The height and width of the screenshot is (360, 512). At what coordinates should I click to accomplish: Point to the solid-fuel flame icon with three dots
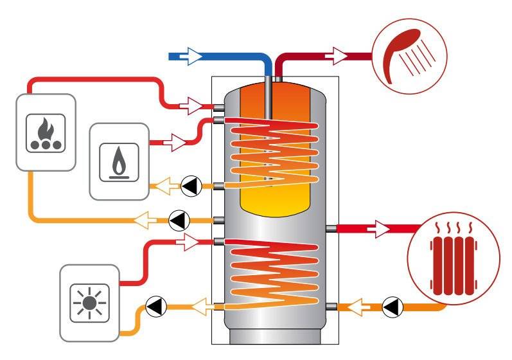click(x=46, y=132)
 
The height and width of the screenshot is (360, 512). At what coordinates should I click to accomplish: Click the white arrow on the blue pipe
click(x=191, y=57)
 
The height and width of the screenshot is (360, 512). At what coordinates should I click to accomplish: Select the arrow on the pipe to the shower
click(x=337, y=57)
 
